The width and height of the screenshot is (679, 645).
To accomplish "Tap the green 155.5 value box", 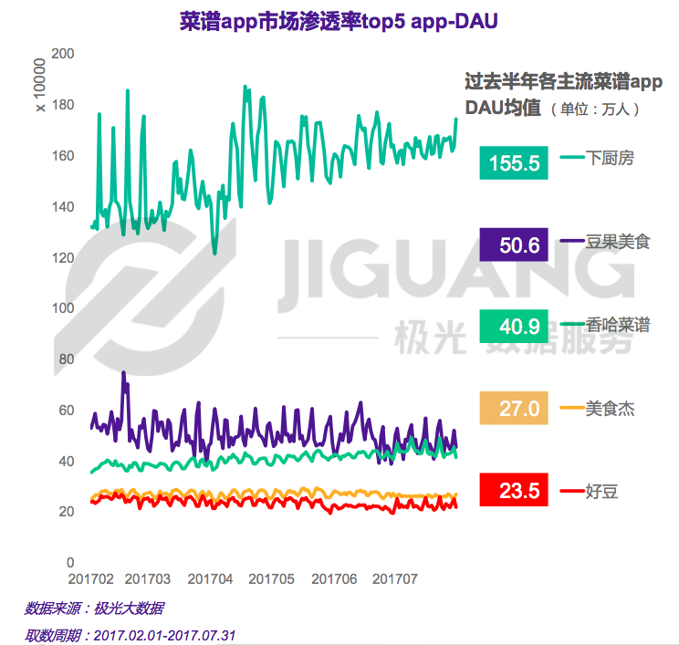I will tap(514, 163).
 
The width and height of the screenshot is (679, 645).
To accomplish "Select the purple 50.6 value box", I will tap(514, 245).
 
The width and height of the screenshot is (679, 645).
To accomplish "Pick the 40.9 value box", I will tap(514, 326).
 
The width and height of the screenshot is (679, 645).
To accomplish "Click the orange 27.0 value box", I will tap(514, 408).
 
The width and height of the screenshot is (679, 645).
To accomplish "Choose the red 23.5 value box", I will tap(514, 491).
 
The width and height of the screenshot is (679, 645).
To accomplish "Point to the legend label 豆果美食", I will tap(619, 242).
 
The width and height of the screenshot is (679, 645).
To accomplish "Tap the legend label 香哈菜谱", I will tap(619, 325).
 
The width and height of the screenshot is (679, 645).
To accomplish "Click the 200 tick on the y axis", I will tap(62, 54).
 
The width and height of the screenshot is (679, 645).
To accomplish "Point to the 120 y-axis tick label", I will tap(62, 257).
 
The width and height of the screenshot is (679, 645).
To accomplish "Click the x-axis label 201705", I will tap(271, 579).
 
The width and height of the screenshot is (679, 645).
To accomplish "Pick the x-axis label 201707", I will tap(395, 579).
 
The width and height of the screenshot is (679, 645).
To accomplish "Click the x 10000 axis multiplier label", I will tap(39, 86).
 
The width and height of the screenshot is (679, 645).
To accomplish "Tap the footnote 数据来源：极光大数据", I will tap(94, 608).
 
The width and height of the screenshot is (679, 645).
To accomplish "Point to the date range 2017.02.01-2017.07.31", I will tap(165, 633).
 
